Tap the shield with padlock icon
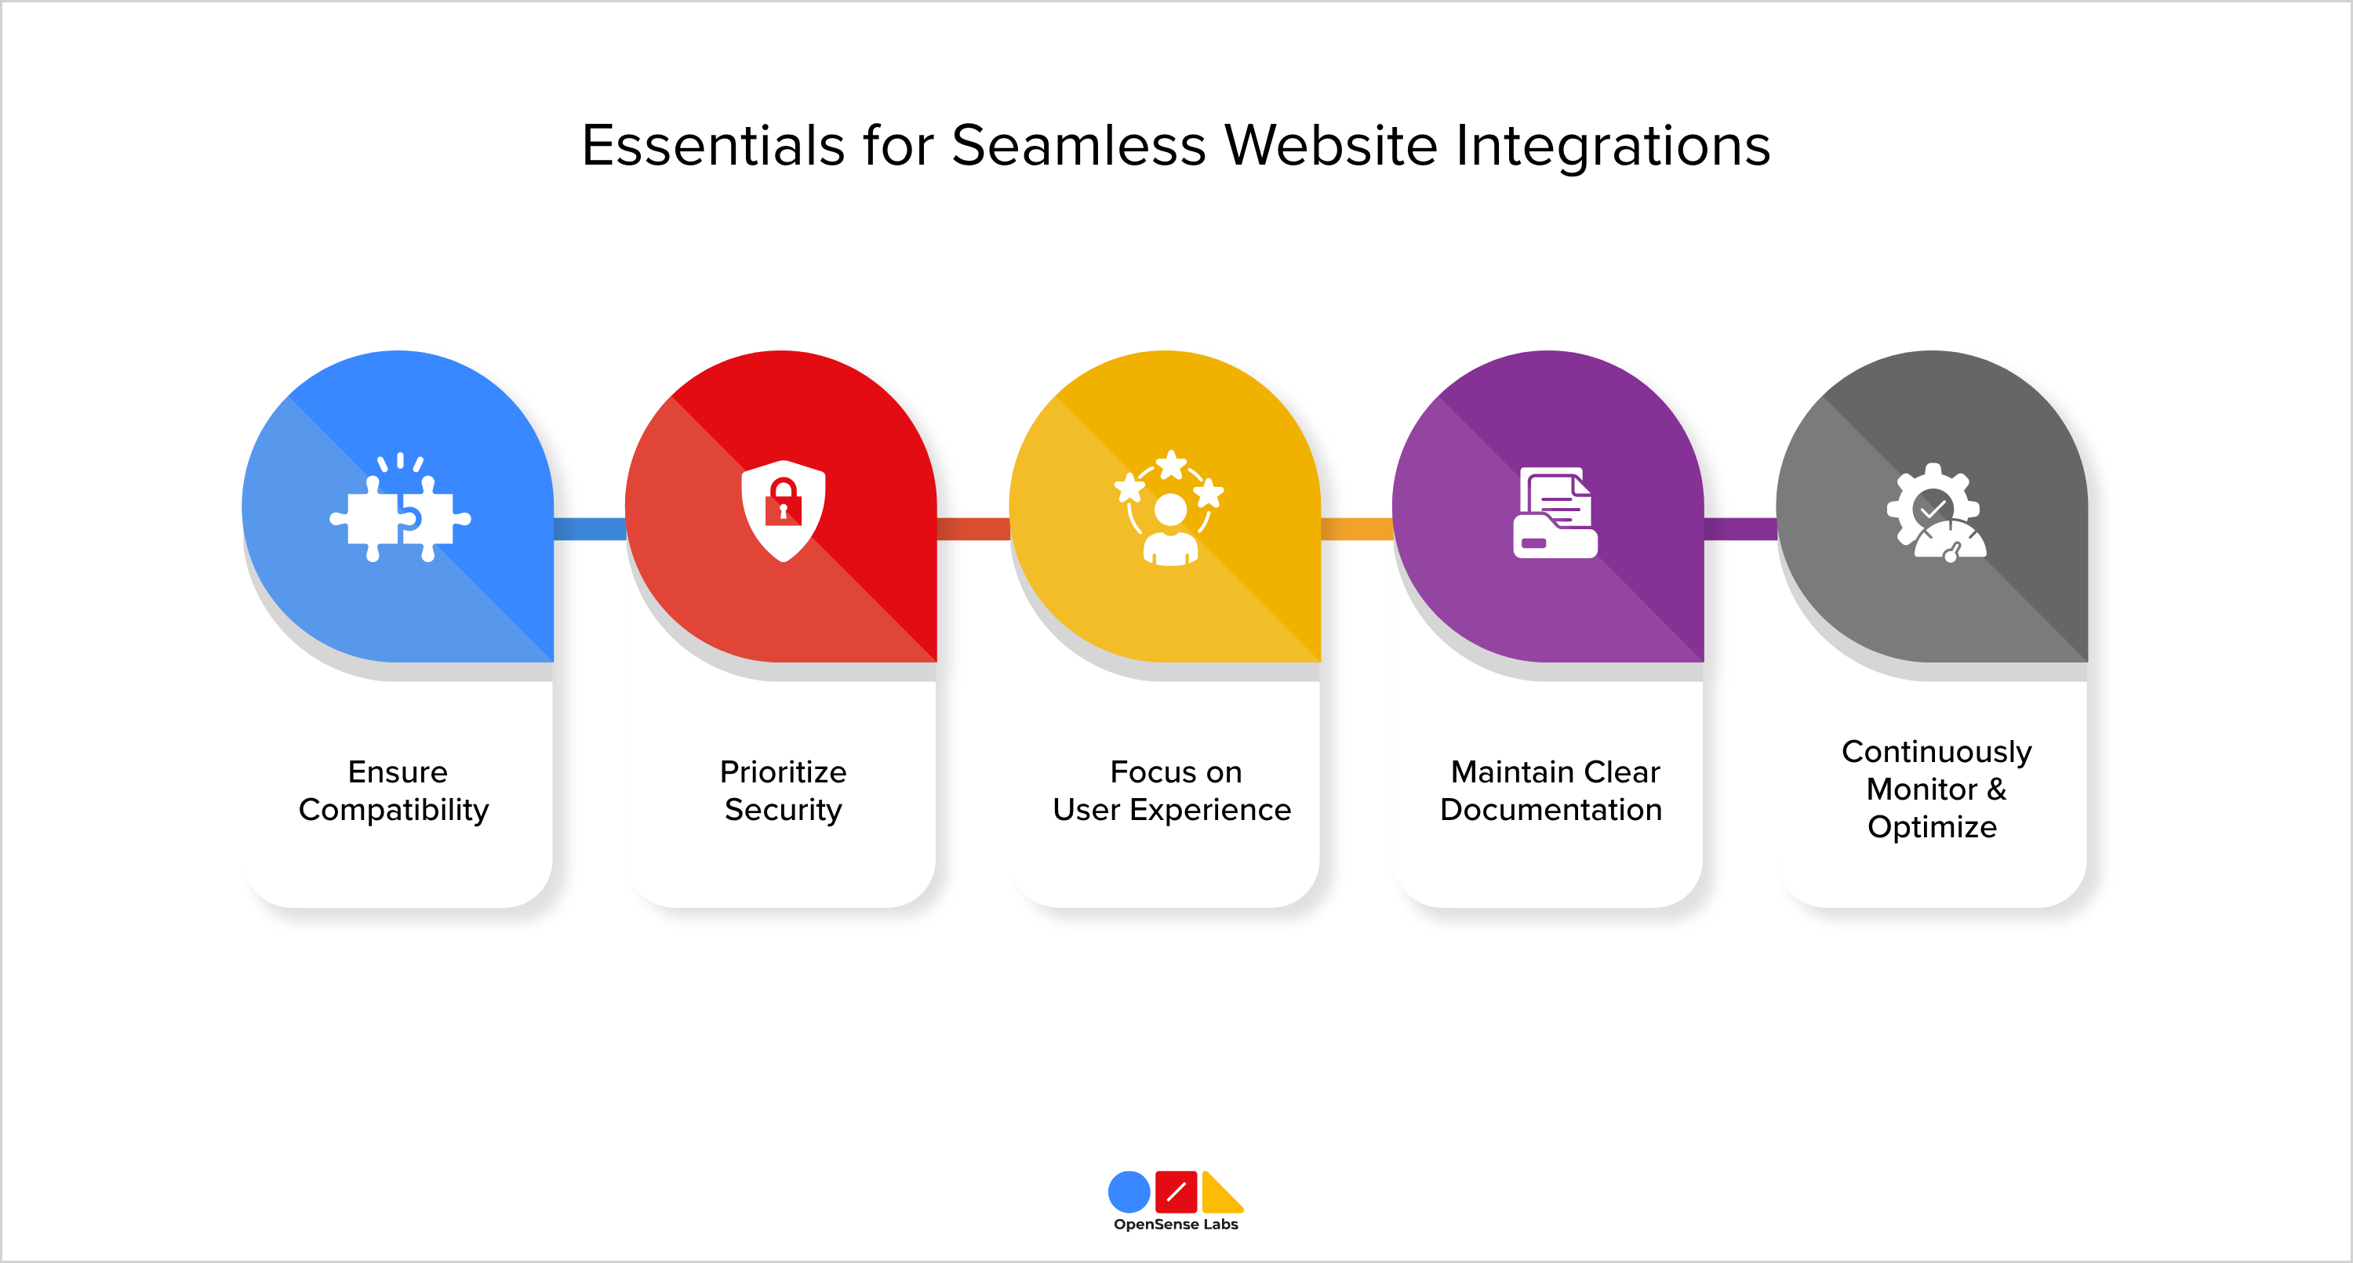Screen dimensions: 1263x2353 [x=783, y=510]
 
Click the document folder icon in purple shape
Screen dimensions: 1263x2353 [x=1555, y=514]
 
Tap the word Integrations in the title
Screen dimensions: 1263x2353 [x=1613, y=146]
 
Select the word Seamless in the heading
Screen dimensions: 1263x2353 [x=1078, y=146]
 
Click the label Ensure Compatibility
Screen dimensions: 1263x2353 [x=395, y=791]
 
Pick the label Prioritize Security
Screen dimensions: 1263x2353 [x=783, y=791]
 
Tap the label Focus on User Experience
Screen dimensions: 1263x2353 [x=1172, y=791]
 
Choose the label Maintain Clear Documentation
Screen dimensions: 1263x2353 [x=1552, y=791]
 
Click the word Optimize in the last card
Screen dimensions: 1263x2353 [x=1932, y=827]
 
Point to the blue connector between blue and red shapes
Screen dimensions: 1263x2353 [x=590, y=528]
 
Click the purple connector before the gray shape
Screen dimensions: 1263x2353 [x=1740, y=528]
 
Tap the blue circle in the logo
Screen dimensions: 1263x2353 [x=1129, y=1192]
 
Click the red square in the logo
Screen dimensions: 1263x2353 [x=1176, y=1192]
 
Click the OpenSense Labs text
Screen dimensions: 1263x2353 [x=1176, y=1225]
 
